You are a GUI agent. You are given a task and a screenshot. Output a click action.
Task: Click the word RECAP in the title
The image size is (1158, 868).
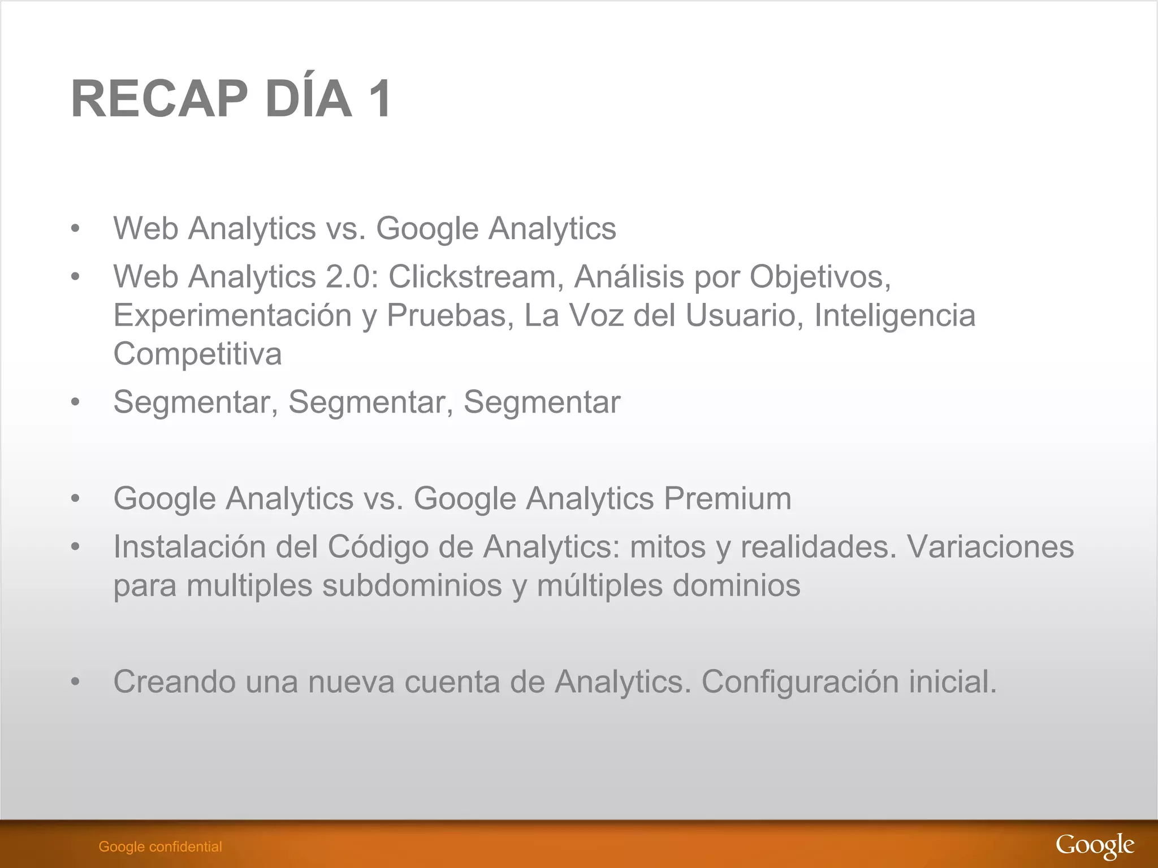click(x=159, y=99)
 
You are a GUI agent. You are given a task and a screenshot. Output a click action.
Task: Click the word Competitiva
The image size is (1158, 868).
click(x=197, y=354)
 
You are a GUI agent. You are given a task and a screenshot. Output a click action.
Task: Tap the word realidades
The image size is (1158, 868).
click(x=818, y=546)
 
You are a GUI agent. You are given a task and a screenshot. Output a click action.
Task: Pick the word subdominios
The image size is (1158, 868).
click(x=412, y=585)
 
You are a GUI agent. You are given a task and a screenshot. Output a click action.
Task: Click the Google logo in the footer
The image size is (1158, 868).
click(x=1095, y=846)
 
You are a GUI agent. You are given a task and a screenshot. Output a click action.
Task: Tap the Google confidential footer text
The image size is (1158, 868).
click(x=160, y=847)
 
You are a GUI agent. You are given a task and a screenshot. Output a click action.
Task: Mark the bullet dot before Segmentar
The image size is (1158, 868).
click(x=75, y=402)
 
